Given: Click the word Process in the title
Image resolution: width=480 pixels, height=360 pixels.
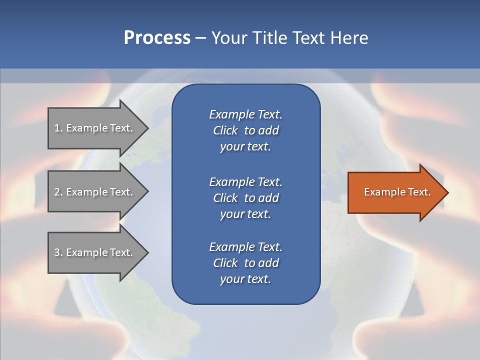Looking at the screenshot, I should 157,38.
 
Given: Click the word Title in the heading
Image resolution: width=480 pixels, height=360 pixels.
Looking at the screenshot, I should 268,38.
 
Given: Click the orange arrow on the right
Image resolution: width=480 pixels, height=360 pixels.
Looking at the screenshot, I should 395,192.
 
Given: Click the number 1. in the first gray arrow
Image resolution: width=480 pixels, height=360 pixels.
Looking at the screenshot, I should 58,128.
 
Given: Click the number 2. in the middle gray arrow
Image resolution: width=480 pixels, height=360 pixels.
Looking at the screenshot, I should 58,192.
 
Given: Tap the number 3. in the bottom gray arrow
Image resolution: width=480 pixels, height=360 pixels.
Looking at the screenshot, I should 58,252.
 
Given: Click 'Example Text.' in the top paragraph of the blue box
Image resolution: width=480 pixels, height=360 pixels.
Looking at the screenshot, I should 245,114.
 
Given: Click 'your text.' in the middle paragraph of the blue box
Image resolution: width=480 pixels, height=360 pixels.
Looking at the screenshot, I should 245,214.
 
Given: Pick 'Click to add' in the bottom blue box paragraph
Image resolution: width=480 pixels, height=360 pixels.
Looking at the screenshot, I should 245,263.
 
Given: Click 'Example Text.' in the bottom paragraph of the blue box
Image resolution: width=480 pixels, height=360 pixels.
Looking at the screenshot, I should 245,247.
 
